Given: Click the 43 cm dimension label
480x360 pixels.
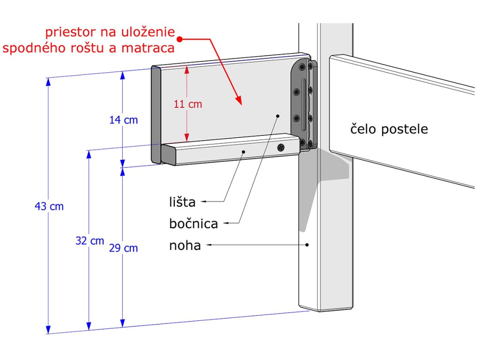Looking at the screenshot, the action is [49, 206].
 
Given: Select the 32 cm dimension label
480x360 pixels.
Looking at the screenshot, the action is [90, 241].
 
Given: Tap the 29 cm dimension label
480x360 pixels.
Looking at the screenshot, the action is [123, 248].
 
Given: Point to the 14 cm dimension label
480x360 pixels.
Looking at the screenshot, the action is [123, 120].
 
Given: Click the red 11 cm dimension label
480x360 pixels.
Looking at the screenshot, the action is [187, 104].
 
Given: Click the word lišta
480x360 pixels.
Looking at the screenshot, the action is [182, 202].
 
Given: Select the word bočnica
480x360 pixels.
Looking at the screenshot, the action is [194, 224].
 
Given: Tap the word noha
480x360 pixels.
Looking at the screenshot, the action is [185, 245].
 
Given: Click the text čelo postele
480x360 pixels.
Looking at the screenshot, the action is [389, 129].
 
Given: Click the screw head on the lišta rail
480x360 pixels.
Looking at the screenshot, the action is [281, 148].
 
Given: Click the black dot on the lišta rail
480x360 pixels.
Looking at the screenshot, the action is [243, 151].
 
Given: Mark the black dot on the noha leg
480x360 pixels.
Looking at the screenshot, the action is [307, 244].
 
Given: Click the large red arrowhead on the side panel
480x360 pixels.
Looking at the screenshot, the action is [239, 101].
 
